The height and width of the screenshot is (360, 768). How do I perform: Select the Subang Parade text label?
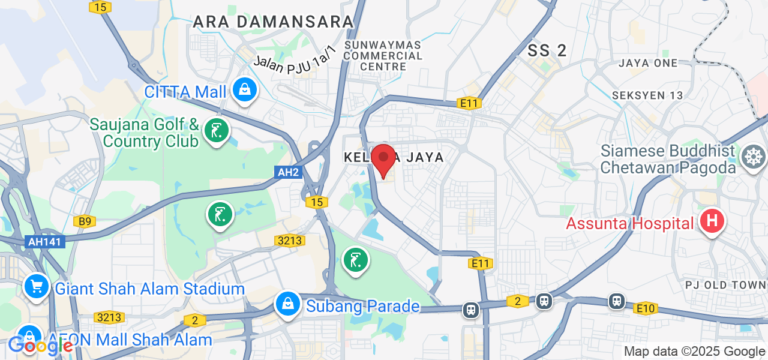[x=363, y=306]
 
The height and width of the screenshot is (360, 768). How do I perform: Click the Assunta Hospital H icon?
[x=712, y=221]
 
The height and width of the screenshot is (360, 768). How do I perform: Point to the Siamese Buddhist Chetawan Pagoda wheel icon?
[x=753, y=157]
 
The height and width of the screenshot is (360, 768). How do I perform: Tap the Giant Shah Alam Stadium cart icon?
[x=37, y=287]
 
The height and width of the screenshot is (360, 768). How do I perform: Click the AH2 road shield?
[x=288, y=172]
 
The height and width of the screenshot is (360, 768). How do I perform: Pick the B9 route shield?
[x=85, y=222]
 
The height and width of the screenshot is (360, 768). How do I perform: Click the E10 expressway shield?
[x=646, y=308]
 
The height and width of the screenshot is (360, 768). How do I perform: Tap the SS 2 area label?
[x=547, y=51]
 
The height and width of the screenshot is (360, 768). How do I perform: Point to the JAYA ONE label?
[x=648, y=63]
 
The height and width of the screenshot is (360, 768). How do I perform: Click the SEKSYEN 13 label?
[x=647, y=95]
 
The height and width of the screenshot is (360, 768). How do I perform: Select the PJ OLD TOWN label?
[x=725, y=284]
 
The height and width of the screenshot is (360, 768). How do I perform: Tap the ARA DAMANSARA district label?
[x=274, y=22]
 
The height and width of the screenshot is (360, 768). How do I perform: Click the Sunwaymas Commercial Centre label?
[x=384, y=55]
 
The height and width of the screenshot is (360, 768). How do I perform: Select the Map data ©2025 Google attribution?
[x=694, y=352]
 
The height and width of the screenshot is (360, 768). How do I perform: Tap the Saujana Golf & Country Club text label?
[x=144, y=133]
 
